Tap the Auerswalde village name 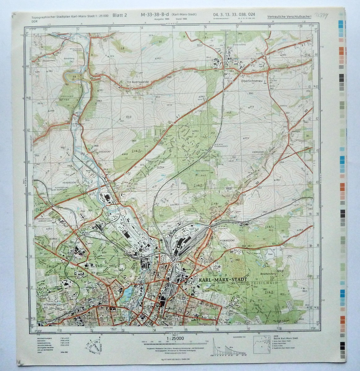[x=140, y=82]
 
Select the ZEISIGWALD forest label [x=265, y=283]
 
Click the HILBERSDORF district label [x=221, y=240]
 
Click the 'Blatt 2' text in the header [x=119, y=15]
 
